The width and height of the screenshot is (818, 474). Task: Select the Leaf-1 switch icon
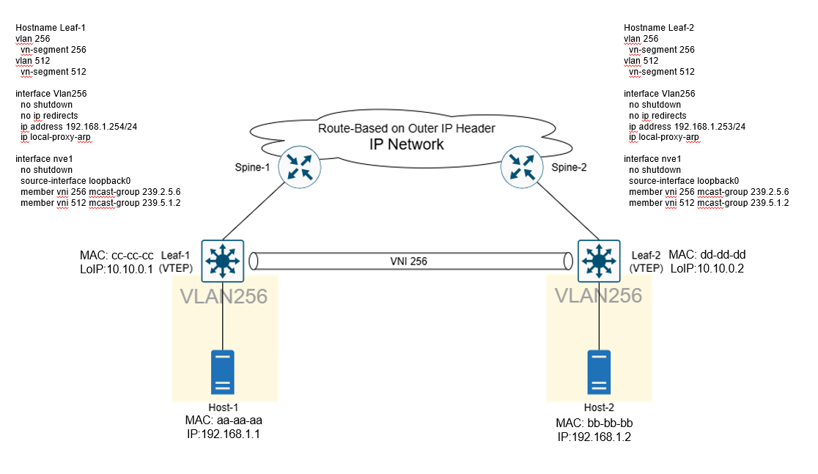click(223, 259)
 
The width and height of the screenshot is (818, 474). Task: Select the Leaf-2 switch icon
click(600, 259)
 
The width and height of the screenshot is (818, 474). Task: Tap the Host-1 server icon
click(223, 374)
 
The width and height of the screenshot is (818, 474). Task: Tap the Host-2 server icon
click(599, 374)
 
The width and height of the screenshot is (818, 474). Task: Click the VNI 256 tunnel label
click(412, 260)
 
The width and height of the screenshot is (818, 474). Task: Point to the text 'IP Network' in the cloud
click(406, 144)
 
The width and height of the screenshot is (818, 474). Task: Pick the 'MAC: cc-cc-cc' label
click(117, 256)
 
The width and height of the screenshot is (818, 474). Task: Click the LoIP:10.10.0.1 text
click(116, 269)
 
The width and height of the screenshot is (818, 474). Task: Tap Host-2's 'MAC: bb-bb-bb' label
click(594, 423)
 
